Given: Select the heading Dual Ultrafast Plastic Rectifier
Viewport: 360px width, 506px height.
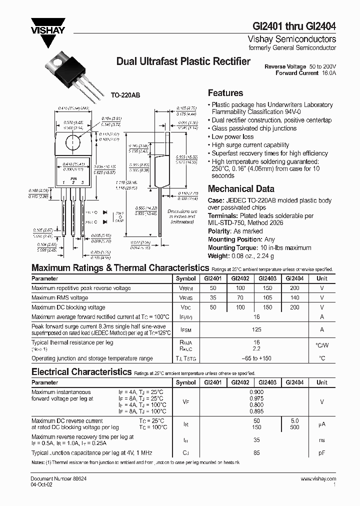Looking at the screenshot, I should click(183, 62).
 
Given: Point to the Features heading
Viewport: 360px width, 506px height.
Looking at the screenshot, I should click(225, 93).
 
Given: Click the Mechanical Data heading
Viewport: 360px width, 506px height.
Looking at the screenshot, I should click(241, 189).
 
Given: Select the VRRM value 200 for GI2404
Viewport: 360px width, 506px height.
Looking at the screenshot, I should click(294, 288).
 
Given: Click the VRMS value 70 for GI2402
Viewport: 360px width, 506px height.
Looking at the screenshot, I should click(240, 298).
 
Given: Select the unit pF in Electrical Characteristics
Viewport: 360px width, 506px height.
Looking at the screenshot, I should click(322, 452).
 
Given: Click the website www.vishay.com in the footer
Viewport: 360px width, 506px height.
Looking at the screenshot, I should click(318, 479).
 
